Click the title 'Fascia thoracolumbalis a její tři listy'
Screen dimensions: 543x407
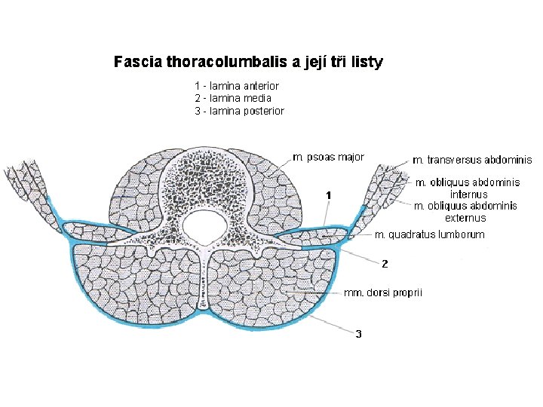click(x=248, y=62)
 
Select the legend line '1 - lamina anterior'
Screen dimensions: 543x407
click(x=237, y=86)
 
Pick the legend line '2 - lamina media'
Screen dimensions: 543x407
click(x=233, y=98)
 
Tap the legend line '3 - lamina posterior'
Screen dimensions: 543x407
click(x=239, y=111)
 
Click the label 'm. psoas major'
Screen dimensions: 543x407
click(x=328, y=158)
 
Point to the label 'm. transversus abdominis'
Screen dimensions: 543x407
click(x=472, y=160)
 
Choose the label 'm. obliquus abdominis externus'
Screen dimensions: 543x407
click(x=466, y=212)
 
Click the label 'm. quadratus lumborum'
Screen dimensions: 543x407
click(x=430, y=235)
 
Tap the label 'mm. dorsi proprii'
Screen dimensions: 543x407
click(x=383, y=292)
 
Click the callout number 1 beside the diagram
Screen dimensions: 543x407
click(x=329, y=195)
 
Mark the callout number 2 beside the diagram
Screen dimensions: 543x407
click(x=385, y=264)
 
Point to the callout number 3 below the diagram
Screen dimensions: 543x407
click(x=359, y=334)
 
